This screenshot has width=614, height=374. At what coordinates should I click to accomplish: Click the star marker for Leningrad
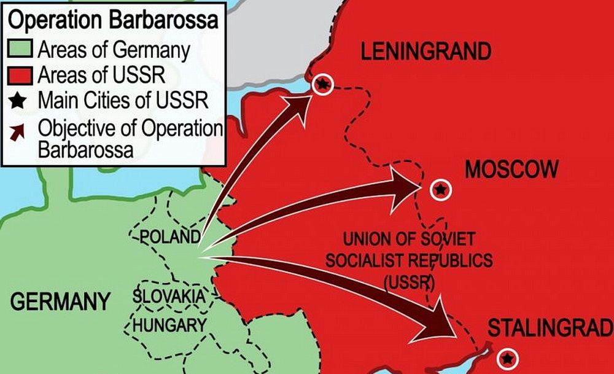pos(322,85)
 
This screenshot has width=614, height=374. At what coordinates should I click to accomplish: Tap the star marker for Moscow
pos(440,190)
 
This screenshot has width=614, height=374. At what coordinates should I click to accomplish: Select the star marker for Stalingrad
pos(507,358)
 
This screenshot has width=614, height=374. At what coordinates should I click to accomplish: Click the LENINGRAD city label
pos(426,52)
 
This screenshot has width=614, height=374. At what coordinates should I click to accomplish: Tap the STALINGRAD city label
pos(550,329)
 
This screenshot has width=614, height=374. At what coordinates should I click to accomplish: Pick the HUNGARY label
pos(169,325)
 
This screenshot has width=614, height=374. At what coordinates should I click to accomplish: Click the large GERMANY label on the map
pos(60,302)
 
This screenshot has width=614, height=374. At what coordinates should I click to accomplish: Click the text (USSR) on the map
pos(409,282)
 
